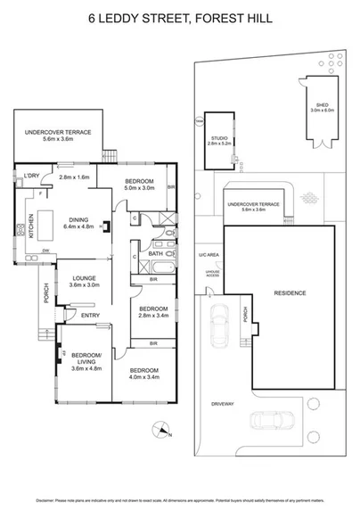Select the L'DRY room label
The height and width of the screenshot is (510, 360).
(32, 176)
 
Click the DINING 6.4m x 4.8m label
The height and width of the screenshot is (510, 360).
(78, 224)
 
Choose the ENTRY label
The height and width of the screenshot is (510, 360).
(91, 315)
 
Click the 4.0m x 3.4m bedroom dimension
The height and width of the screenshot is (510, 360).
(143, 376)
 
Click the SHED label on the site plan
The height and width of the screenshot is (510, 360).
(318, 104)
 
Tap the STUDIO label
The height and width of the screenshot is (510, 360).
(218, 138)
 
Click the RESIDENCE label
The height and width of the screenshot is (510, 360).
(290, 293)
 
